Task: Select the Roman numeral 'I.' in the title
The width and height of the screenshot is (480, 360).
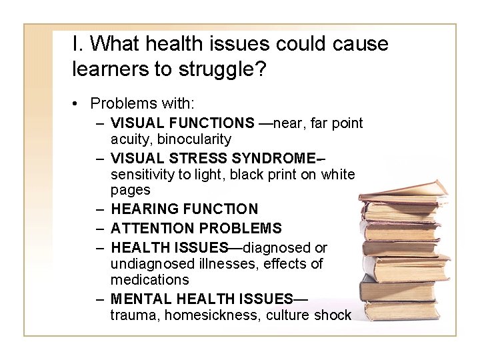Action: tap(78, 43)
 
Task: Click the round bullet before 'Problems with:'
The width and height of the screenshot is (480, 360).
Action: tap(78, 103)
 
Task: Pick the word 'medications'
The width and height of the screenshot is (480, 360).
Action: tap(150, 280)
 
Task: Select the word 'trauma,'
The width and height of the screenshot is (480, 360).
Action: tap(133, 315)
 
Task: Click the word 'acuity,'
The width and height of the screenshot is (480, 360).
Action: tap(131, 139)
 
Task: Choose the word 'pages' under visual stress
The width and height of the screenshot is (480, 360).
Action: tap(131, 191)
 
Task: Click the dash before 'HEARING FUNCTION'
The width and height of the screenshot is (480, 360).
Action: tap(99, 209)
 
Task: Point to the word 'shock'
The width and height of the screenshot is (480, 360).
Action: tap(334, 315)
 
